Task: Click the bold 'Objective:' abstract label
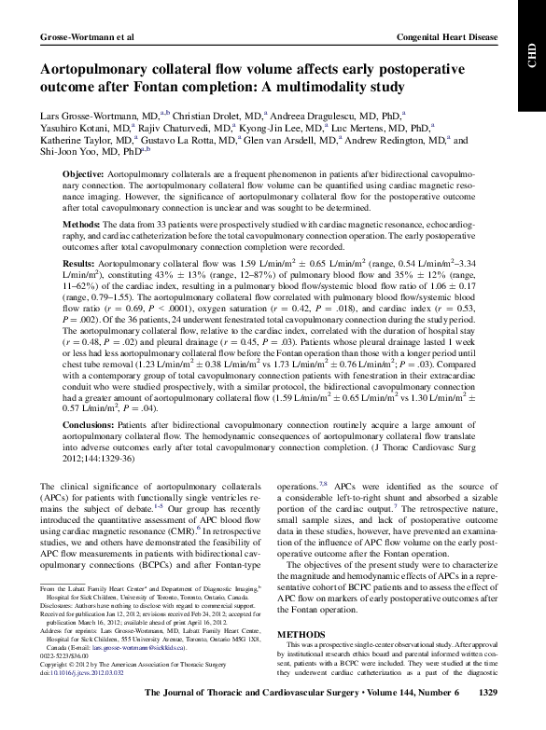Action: [82, 175]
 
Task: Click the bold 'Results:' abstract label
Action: [79, 265]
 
